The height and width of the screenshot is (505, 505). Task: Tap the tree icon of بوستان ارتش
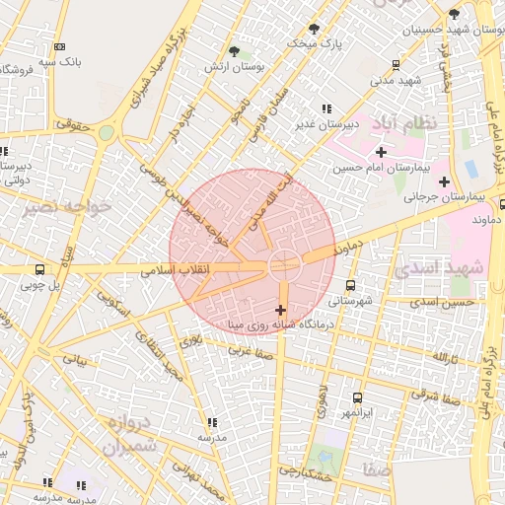[234, 51]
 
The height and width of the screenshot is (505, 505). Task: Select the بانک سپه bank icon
[60, 46]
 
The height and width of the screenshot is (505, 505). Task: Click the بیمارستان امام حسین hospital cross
[381, 152]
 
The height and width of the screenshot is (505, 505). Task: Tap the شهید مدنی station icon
[396, 65]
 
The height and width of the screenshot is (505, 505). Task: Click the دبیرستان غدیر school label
[325, 125]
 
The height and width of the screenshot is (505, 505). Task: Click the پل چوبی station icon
[39, 269]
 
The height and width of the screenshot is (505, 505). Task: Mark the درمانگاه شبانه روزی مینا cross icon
[281, 310]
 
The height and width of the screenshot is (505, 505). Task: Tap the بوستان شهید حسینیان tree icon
[454, 14]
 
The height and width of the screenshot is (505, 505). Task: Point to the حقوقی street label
[72, 125]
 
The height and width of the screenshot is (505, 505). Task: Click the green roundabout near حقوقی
[106, 133]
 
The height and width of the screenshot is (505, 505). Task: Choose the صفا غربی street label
[251, 349]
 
